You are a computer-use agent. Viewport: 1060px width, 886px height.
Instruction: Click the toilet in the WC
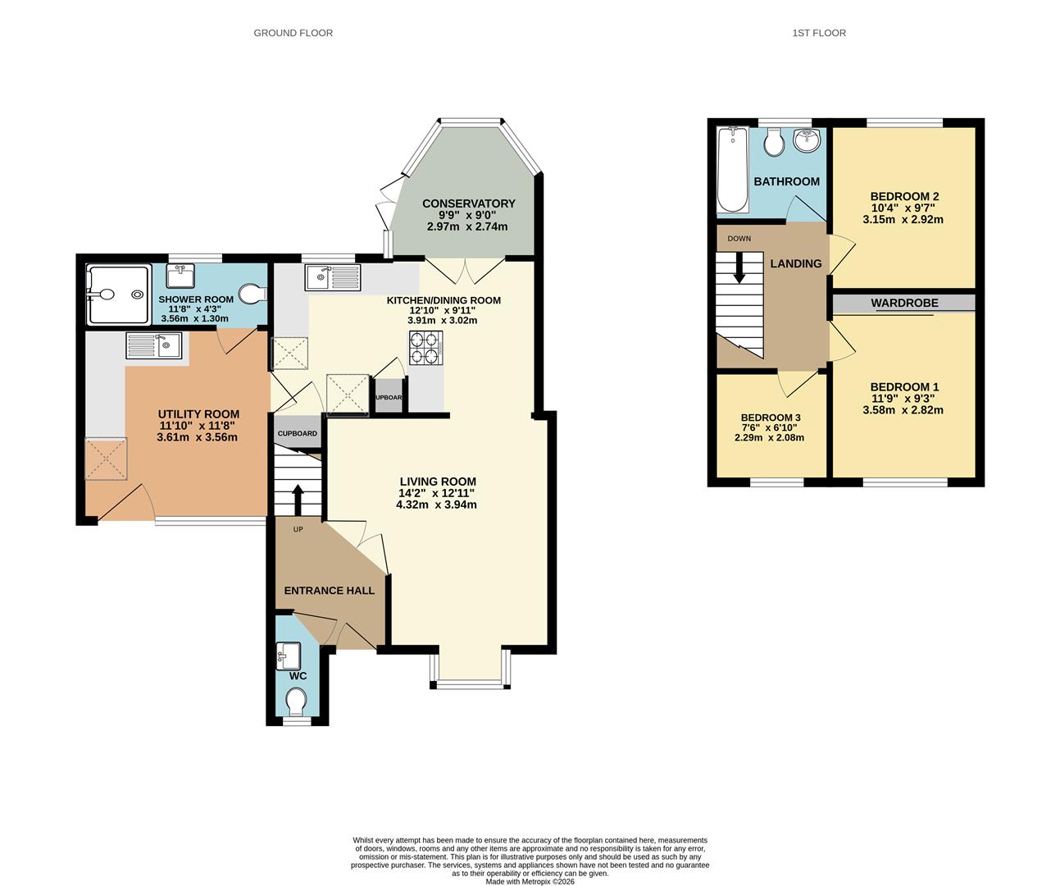point(297,701)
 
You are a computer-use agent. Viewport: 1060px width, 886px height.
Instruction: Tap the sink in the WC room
point(289,653)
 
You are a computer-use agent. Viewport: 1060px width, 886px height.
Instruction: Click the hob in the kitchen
point(425,348)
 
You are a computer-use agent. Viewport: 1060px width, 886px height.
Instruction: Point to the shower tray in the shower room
point(119,295)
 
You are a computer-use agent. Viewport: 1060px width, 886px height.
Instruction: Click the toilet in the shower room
point(253,294)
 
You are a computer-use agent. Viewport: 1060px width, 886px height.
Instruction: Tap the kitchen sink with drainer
point(332,277)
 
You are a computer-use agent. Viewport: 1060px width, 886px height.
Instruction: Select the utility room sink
point(153,345)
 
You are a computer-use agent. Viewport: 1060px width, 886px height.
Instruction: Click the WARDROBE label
point(904,304)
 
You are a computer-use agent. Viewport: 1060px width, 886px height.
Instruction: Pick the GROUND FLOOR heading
point(293,33)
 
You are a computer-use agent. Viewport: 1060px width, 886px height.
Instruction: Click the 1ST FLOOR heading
point(819,33)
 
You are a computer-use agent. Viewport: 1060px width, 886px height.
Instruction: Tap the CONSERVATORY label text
point(468,203)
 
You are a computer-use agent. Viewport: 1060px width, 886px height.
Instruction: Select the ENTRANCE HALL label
point(329,591)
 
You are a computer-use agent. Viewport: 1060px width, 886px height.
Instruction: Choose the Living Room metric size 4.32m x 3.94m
point(436,505)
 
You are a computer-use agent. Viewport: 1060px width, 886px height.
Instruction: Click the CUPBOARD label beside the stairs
point(297,433)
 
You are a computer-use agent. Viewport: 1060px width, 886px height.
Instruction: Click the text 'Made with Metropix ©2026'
point(530,882)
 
